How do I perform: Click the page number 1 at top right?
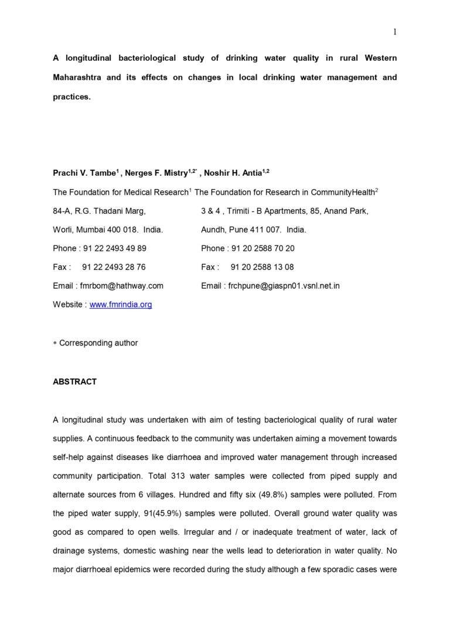click(x=395, y=32)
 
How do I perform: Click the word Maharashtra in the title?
click(x=79, y=77)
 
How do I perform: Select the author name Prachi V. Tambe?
click(x=84, y=173)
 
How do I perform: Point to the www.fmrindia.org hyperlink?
click(x=121, y=305)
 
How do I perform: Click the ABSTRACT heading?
click(x=74, y=382)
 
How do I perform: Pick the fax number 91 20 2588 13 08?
click(x=262, y=267)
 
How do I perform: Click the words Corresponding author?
click(x=98, y=343)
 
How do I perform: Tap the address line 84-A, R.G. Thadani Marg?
click(x=99, y=211)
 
